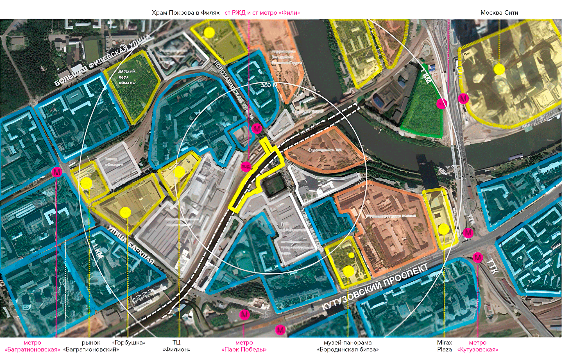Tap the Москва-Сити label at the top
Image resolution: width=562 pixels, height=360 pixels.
pyautogui.click(x=499, y=13)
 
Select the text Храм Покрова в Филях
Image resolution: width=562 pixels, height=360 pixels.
pyautogui.click(x=185, y=13)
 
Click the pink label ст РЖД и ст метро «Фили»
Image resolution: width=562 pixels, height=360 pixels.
pyautogui.click(x=262, y=13)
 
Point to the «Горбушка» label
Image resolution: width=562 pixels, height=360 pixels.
pyautogui.click(x=129, y=343)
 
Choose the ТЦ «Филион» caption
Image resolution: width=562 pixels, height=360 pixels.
pyautogui.click(x=176, y=346)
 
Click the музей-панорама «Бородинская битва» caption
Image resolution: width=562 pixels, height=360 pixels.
pyautogui.click(x=348, y=346)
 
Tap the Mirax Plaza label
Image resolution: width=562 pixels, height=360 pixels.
pyautogui.click(x=444, y=346)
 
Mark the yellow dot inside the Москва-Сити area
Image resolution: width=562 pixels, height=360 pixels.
pyautogui.click(x=499, y=69)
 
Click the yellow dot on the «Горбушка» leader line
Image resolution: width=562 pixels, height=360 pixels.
pyautogui.click(x=125, y=212)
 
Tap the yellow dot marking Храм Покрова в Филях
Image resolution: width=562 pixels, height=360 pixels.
pyautogui.click(x=209, y=33)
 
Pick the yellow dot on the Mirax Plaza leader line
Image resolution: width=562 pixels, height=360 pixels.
pyautogui.click(x=444, y=229)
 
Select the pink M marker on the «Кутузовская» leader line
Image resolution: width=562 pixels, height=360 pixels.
pyautogui.click(x=478, y=257)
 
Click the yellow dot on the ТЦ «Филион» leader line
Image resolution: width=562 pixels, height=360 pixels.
pyautogui.click(x=179, y=171)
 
